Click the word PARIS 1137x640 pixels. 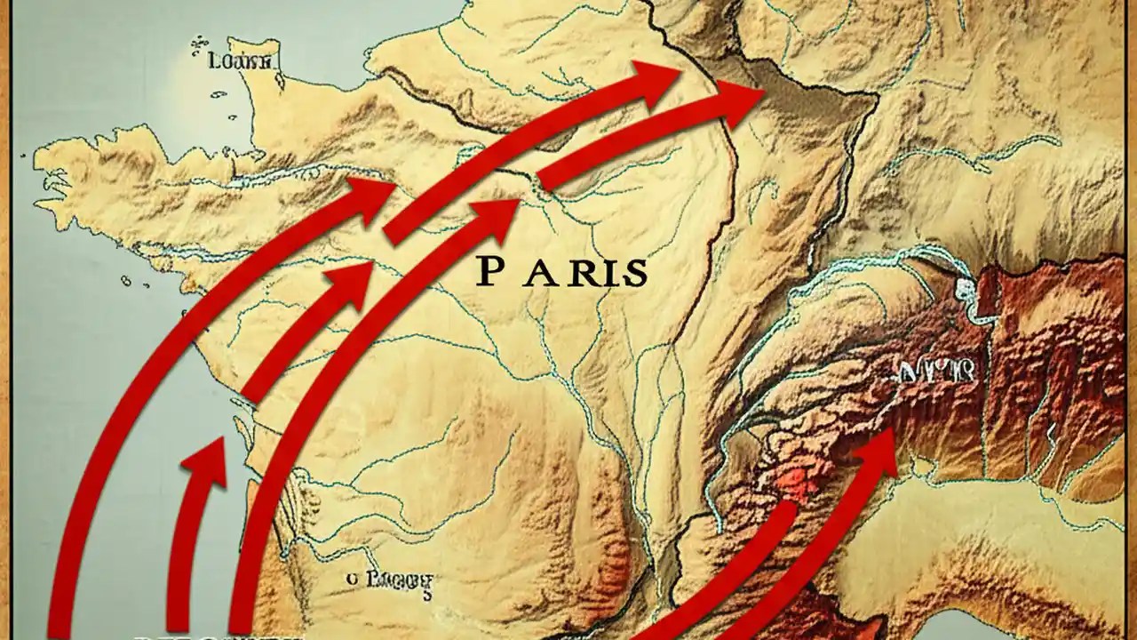(561, 273)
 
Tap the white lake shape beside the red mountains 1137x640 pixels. (966, 289)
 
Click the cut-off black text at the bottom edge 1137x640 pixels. (218, 635)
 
